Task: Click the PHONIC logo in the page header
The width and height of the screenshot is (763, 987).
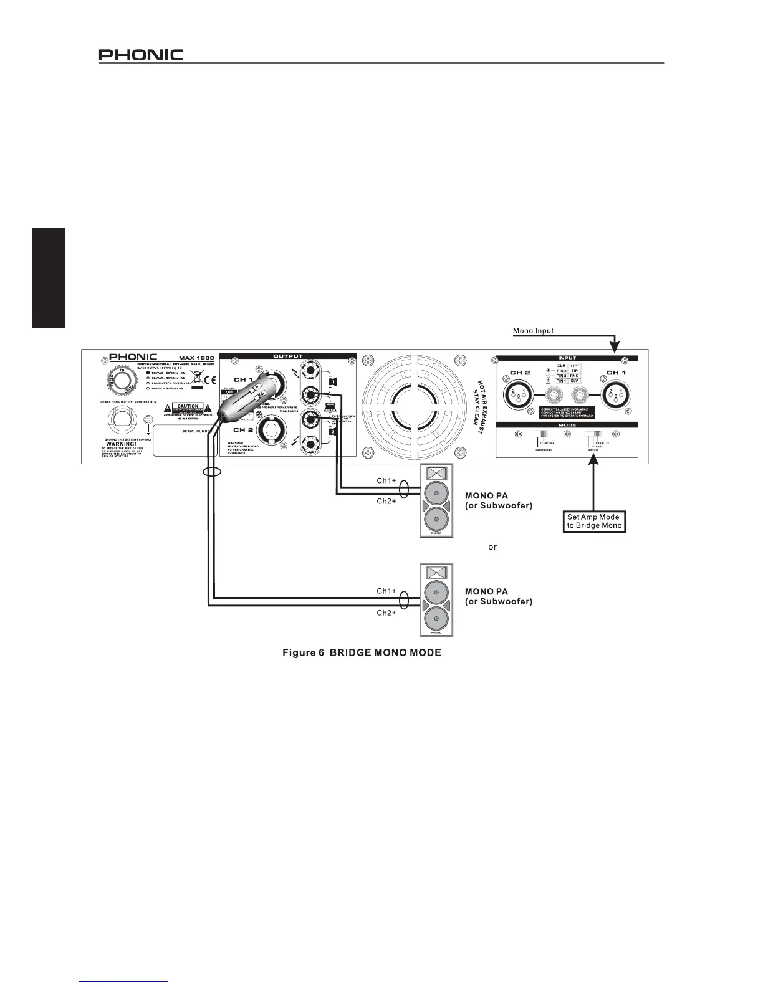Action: coord(141,55)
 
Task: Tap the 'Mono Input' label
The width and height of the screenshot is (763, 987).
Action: coord(533,331)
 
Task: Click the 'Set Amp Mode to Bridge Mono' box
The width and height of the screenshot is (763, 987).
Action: coord(594,521)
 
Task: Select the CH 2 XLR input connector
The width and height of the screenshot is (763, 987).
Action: coord(519,394)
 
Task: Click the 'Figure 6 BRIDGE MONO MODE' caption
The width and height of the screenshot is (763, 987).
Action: coord(362,652)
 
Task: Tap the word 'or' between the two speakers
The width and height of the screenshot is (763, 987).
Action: coord(492,546)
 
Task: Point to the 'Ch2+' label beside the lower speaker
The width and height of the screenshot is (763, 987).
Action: coord(386,613)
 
